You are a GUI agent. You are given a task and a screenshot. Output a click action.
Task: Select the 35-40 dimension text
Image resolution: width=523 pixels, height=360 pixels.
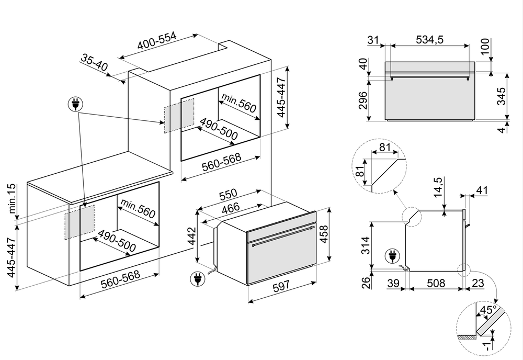pos(94,63)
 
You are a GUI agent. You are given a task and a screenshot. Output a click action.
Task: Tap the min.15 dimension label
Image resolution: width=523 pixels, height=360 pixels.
pos(13,199)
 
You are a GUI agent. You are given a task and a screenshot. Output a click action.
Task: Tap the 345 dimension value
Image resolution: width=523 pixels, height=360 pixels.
pos(501,97)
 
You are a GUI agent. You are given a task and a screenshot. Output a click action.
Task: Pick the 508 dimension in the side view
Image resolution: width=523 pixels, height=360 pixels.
pos(435,283)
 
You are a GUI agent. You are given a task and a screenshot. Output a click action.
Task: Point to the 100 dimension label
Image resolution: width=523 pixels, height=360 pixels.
pos(486,46)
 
